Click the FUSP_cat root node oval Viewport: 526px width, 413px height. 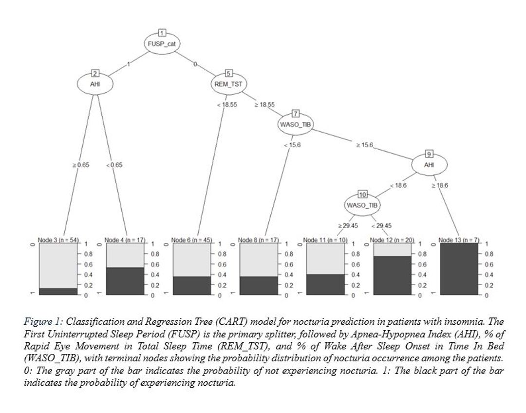pos(162,44)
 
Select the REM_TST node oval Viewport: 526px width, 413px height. pos(228,84)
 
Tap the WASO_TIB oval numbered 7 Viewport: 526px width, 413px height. pos(295,124)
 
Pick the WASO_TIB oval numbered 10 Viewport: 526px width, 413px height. pos(362,205)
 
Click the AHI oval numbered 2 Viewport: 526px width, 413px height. pos(95,84)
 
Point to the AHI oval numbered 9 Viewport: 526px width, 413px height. pos(429,165)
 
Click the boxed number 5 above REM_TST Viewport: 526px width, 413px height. pos(229,74)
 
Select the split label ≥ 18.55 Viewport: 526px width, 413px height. pos(264,104)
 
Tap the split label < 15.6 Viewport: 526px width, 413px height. pos(292,145)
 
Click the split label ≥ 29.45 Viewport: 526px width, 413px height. pos(348,226)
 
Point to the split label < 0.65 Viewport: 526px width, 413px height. pos(114,165)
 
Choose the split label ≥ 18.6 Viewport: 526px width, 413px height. pos(440,185)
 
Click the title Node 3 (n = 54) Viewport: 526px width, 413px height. pos(58,240)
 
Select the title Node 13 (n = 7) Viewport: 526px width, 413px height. pos(459,240)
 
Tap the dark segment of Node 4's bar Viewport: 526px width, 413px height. pos(125,281)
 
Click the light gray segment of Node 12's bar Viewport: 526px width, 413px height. pos(392,250)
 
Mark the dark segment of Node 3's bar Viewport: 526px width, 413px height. pos(58,292)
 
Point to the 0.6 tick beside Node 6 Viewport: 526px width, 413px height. pos(222,264)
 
